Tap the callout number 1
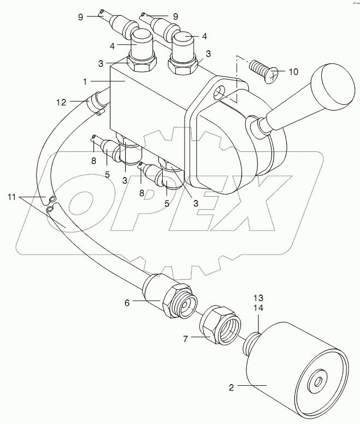point(85,81)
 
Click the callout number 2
point(232,387)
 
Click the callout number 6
point(127,303)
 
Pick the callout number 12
point(61,103)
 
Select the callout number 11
point(12,197)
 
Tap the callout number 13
point(258,298)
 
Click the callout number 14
point(258,308)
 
